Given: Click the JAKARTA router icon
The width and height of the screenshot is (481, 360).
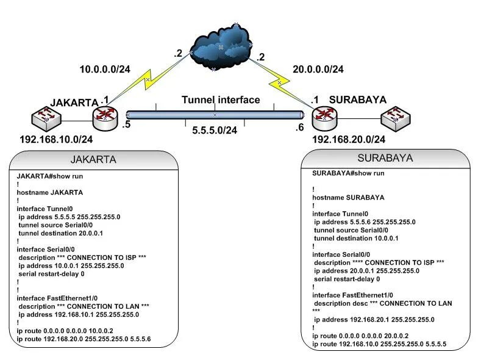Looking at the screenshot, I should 105,117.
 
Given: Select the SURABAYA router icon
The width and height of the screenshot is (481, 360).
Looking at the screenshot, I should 322,117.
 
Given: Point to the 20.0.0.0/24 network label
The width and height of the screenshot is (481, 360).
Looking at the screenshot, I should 318,70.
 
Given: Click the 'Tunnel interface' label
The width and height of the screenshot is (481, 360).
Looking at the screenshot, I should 221,99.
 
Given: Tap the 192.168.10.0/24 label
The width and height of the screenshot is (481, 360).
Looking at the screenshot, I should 56,140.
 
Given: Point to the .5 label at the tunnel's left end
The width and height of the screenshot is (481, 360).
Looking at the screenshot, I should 126,125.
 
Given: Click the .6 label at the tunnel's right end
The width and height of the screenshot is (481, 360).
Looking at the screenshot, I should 299,127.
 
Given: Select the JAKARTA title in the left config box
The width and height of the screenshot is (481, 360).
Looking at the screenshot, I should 94,160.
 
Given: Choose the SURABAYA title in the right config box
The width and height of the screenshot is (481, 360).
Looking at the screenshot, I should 385,158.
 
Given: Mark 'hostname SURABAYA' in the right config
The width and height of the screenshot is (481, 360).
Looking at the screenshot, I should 348,198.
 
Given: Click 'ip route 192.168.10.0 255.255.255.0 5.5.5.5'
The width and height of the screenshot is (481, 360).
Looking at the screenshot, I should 379,344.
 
